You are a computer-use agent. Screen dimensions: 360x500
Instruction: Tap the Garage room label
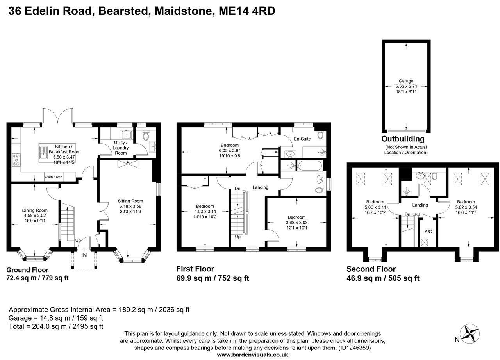[406, 81]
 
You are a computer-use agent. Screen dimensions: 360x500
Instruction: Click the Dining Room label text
[35, 210]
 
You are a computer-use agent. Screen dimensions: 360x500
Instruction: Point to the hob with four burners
[17, 159]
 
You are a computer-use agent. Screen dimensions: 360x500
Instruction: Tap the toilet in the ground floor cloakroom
[146, 135]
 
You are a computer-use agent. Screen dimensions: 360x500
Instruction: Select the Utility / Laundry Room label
[121, 148]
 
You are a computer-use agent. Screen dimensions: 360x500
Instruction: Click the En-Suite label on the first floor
[302, 139]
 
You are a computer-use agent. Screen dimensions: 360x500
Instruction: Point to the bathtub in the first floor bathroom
[309, 166]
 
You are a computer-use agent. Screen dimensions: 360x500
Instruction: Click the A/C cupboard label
[428, 232]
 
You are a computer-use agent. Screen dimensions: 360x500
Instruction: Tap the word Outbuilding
[403, 139]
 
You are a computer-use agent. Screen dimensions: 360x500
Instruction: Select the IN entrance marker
[84, 255]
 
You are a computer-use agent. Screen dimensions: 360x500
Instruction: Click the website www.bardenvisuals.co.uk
[252, 355]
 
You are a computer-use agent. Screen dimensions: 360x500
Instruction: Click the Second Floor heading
[371, 269]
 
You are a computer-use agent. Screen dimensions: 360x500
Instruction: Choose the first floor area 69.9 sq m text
[212, 278]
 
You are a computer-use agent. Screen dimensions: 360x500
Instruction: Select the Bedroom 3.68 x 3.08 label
[296, 217]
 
